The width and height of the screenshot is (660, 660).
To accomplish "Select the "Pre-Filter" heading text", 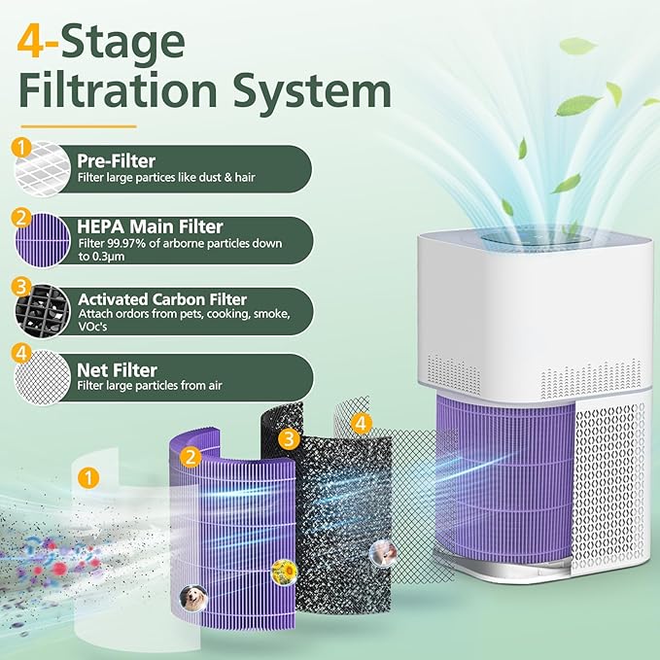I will pyautogui.click(x=117, y=161).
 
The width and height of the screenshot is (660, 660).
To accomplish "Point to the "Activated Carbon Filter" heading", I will pyautogui.click(x=162, y=299).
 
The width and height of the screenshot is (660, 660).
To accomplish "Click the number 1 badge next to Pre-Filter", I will pyautogui.click(x=20, y=148).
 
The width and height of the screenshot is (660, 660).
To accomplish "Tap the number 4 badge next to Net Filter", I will pyautogui.click(x=20, y=356).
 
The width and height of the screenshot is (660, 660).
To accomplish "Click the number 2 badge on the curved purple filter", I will pyautogui.click(x=191, y=455).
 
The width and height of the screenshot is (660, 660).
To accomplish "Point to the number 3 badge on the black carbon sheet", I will pyautogui.click(x=288, y=438).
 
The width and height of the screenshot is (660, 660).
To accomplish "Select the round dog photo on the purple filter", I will pyautogui.click(x=191, y=595).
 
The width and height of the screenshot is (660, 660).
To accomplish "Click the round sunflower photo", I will pyautogui.click(x=283, y=570).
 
